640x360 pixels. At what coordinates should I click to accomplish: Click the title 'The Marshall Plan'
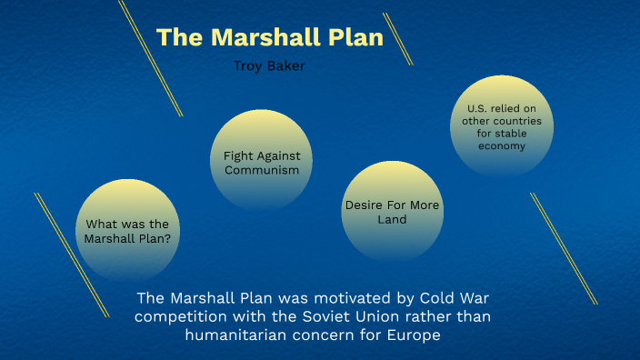pyautogui.click(x=270, y=38)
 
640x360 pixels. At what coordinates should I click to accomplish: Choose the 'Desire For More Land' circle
pyautogui.click(x=392, y=211)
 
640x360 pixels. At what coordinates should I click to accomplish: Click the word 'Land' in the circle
pyautogui.click(x=392, y=219)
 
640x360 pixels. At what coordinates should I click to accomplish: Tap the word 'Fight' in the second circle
pyautogui.click(x=238, y=155)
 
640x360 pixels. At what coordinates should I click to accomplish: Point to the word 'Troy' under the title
pyautogui.click(x=249, y=65)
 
